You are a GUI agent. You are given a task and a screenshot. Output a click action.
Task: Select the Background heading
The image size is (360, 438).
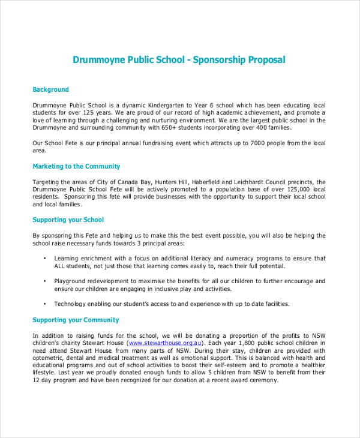tap(50, 89)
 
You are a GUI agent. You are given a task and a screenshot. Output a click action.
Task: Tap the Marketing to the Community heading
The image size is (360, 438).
tap(76, 166)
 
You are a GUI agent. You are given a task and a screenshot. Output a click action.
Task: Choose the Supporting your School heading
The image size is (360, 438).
tap(68, 220)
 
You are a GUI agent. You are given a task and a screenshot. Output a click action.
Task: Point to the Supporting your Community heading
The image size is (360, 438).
tap(76, 320)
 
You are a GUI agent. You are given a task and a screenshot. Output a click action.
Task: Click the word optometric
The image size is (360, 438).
tap(49, 358)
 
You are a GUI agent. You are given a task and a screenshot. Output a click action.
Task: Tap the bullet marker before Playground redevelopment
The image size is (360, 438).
tap(46, 281)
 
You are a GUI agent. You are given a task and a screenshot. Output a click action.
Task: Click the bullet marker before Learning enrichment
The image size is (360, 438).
tap(46, 258)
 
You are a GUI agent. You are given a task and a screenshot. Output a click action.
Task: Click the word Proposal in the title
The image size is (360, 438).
tap(264, 60)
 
